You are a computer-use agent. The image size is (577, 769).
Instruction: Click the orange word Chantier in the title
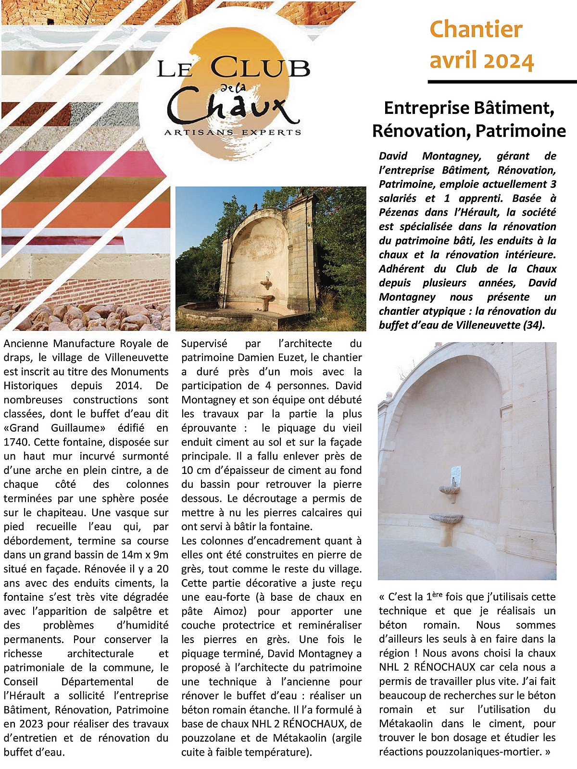476,29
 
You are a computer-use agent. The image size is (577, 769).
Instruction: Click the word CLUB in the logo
260,68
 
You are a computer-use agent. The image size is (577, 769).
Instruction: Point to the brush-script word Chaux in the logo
231,107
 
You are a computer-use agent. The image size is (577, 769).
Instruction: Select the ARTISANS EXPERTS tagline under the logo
233,132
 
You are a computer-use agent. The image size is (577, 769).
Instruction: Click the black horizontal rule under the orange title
502,82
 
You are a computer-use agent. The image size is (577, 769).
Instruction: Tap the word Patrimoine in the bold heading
518,131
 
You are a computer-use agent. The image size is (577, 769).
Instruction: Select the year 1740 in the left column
16,442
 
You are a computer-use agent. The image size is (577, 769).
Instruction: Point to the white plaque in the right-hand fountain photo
455,474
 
